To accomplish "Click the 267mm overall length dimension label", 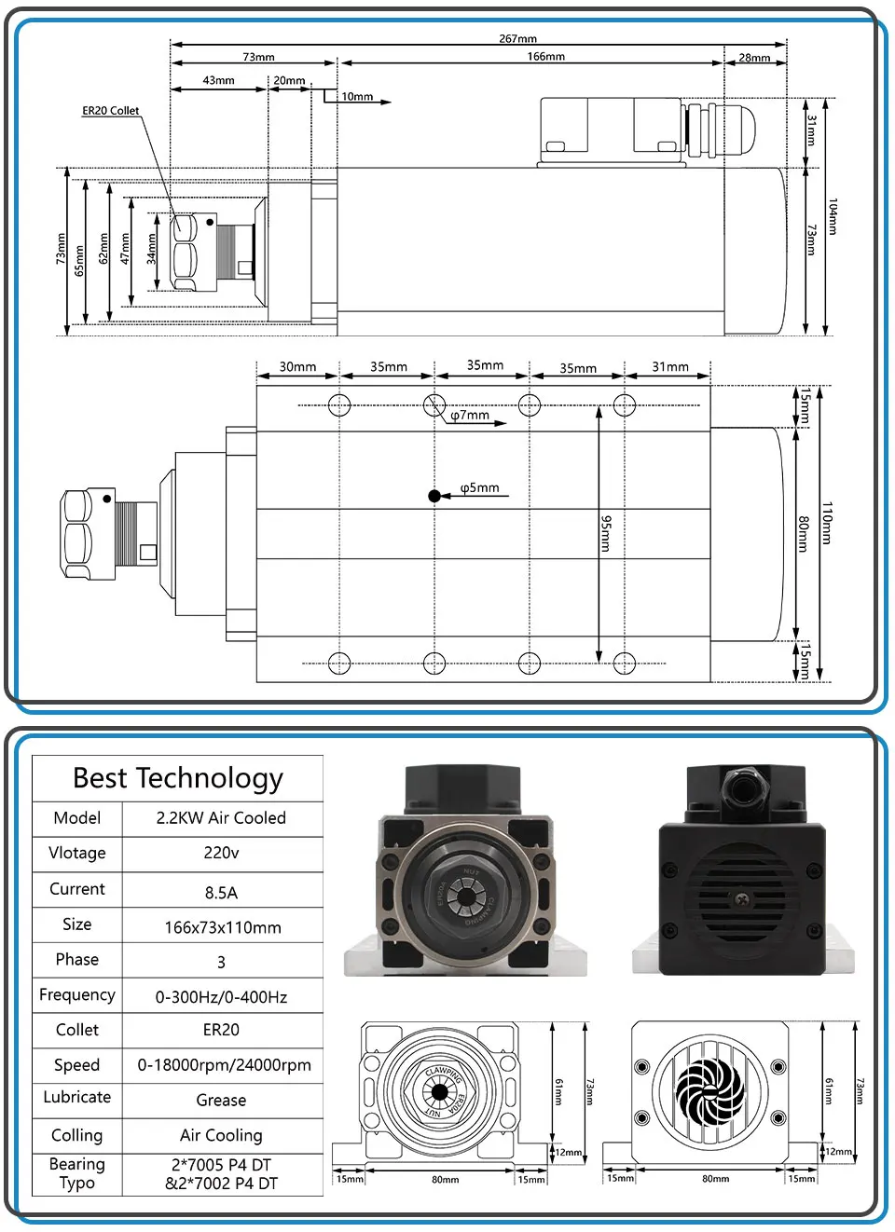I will tap(517, 39).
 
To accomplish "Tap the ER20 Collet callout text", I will tap(110, 111).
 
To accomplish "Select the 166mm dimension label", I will tap(545, 57).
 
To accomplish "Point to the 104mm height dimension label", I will tap(833, 216).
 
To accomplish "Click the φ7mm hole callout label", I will tap(470, 416).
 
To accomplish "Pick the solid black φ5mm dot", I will tap(434, 496).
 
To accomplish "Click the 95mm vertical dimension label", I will tap(606, 533).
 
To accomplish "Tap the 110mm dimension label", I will tap(827, 523).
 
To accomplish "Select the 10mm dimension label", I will tap(357, 97).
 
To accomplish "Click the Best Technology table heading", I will tap(178, 778).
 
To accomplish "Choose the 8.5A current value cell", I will tap(221, 893).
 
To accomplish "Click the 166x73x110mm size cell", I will tap(223, 927).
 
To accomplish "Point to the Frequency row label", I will tap(77, 995).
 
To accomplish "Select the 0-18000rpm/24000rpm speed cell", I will tap(224, 1065).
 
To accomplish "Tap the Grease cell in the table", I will tap(221, 1101).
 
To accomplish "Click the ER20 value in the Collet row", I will tap(221, 1030).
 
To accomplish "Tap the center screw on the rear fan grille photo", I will tap(741, 899).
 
